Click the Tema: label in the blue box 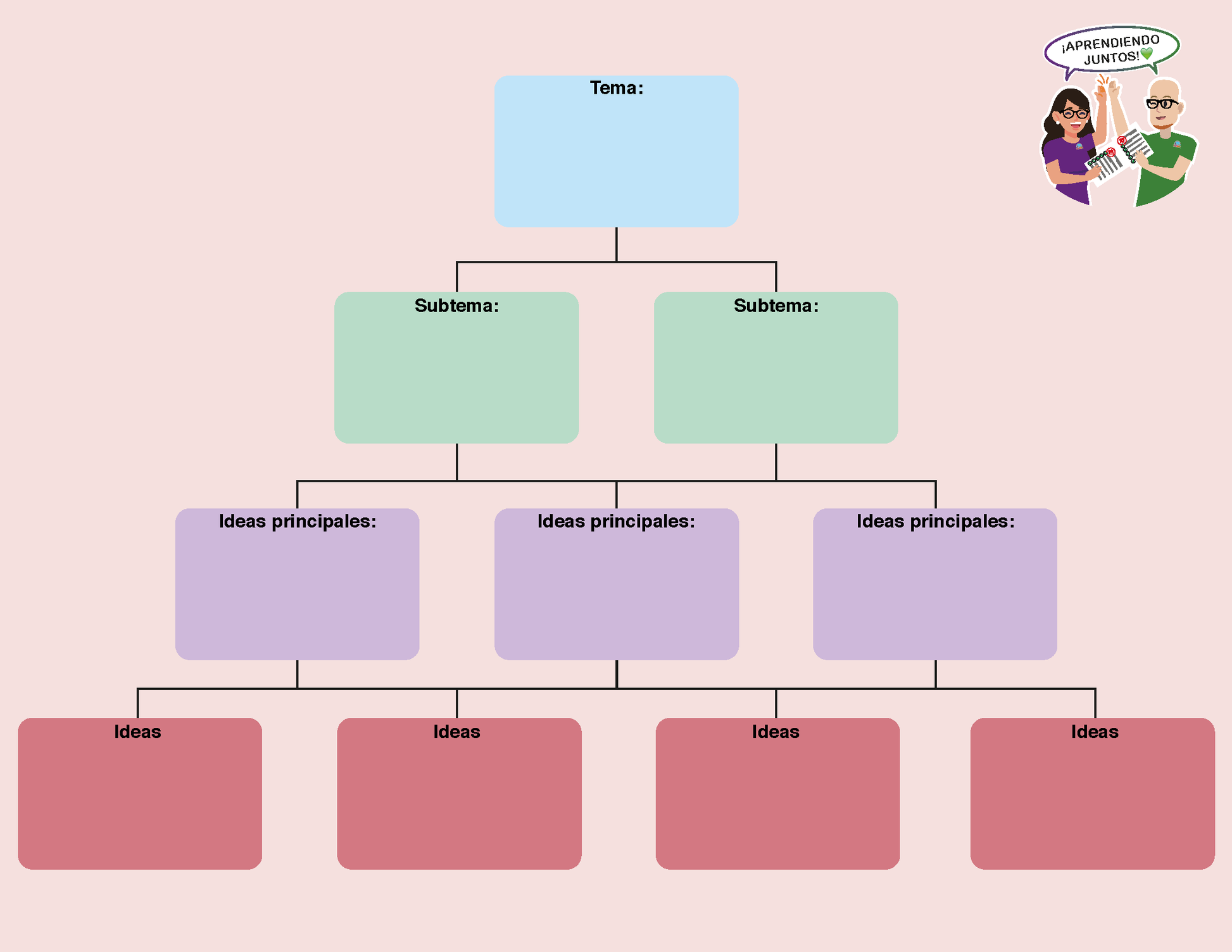point(616,88)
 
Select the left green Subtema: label point(456,306)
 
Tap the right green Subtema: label point(776,306)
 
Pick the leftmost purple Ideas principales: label point(298,521)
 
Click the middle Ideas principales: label point(616,521)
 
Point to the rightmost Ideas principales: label point(935,521)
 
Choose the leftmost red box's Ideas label point(137,732)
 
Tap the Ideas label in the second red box point(456,732)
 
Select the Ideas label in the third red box point(776,732)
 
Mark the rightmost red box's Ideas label point(1095,732)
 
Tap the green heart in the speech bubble point(1147,54)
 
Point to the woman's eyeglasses point(1074,114)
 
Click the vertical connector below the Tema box point(616,244)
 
